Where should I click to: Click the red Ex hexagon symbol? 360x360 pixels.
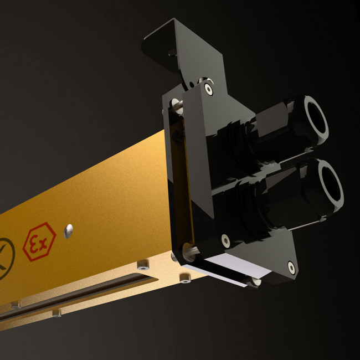click(x=39, y=241)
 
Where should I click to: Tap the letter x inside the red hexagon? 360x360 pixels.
click(x=43, y=244)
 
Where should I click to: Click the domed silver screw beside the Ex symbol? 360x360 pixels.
click(x=68, y=231)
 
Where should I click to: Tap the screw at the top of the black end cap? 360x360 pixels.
click(x=208, y=89)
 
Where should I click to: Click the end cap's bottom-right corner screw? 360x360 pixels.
click(x=291, y=268)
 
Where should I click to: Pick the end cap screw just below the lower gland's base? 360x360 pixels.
click(x=225, y=240)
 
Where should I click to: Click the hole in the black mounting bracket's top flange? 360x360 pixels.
click(x=173, y=53)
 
